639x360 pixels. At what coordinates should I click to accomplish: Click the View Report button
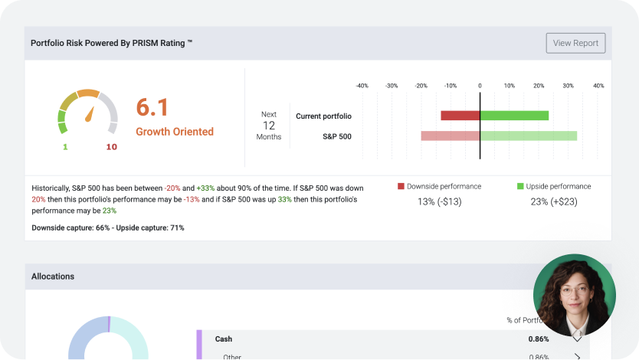coord(575,43)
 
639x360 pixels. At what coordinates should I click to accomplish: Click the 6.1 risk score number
coord(152,107)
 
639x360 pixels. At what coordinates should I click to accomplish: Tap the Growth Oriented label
coord(175,132)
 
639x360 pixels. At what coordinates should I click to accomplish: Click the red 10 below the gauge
coord(111,147)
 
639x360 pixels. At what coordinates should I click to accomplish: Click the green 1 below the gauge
coord(65,147)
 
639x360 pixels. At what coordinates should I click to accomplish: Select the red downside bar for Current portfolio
coord(460,116)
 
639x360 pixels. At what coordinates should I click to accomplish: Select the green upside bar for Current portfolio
coord(514,116)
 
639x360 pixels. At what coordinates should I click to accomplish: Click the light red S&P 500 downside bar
coord(450,136)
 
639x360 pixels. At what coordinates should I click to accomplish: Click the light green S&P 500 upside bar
coord(528,136)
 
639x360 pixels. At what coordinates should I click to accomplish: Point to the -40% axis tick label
coord(362,86)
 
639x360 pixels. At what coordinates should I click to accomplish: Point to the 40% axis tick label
coord(598,86)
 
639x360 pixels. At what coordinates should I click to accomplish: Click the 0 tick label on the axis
coord(480,86)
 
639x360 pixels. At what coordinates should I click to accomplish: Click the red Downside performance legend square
coord(401,186)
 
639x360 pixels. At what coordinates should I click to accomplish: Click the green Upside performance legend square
coord(520,186)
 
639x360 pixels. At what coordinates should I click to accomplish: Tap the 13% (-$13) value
coord(439,202)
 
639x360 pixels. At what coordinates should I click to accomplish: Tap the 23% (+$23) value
coord(554,202)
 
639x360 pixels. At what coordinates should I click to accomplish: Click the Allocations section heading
coord(53,276)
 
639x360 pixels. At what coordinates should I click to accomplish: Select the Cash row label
coord(224,339)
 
